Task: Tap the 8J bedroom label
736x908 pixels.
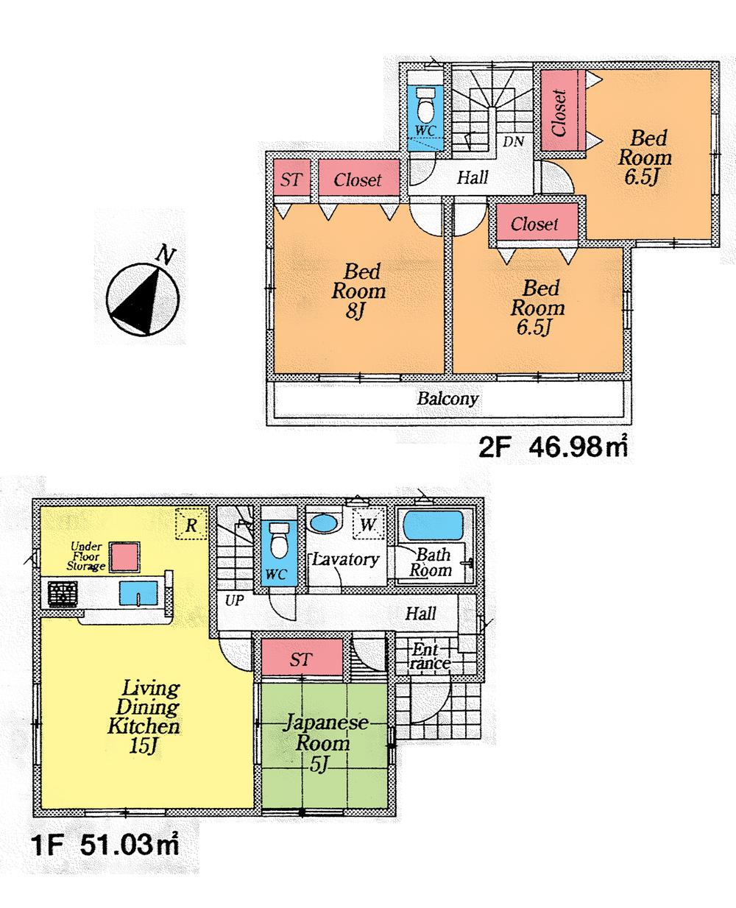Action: click(x=358, y=291)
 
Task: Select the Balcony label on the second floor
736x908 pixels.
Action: click(x=447, y=399)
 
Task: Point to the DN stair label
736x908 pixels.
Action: click(x=514, y=141)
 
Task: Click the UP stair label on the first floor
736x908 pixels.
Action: click(x=234, y=600)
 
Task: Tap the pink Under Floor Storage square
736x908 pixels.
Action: click(x=124, y=556)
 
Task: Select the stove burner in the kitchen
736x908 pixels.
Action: click(x=63, y=593)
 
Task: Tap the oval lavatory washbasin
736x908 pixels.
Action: click(x=322, y=523)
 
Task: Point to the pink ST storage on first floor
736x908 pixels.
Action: click(x=300, y=659)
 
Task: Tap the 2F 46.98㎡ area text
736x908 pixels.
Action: click(x=553, y=447)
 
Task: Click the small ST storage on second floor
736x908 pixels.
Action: click(x=291, y=180)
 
